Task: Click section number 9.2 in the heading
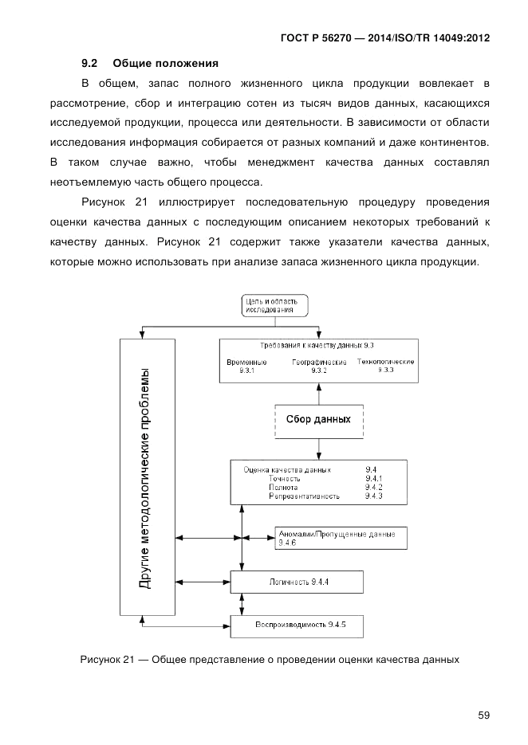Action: [89, 62]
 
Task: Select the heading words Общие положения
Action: [166, 62]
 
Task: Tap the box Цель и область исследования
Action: [274, 306]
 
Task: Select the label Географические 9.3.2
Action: [318, 366]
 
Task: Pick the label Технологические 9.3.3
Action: [385, 366]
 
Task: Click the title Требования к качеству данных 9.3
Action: [317, 346]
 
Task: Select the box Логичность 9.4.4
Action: [297, 582]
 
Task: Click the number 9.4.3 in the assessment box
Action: [374, 496]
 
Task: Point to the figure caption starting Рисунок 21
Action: [270, 660]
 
